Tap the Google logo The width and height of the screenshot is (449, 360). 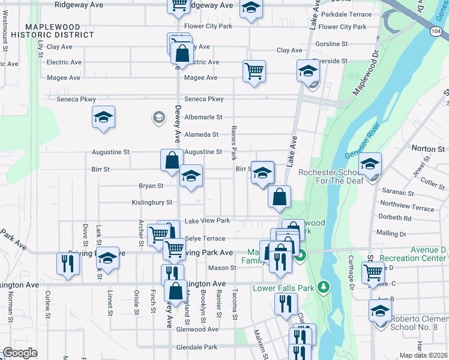20,353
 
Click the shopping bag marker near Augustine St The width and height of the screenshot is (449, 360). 172,160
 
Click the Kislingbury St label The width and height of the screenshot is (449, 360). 152,203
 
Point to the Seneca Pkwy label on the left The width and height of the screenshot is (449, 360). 76,99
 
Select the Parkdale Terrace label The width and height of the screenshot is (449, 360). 346,14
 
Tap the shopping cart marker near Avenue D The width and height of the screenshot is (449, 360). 373,272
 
